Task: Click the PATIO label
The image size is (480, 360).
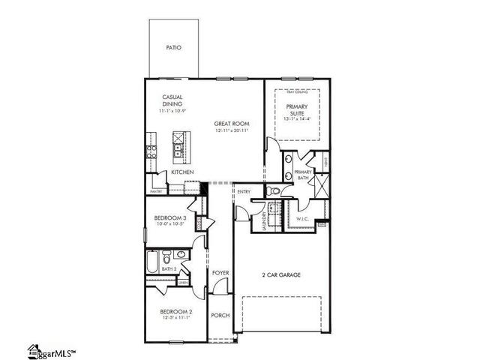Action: (172, 47)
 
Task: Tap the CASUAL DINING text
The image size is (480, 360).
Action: (172, 100)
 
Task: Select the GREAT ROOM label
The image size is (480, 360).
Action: (231, 124)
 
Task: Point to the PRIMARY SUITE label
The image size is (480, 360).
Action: (297, 111)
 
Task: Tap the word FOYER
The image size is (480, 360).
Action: (220, 272)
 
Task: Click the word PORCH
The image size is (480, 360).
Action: (220, 316)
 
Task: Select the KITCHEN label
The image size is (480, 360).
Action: (182, 172)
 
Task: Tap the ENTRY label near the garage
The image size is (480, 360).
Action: (244, 192)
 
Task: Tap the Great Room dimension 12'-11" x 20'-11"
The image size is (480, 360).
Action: (231, 130)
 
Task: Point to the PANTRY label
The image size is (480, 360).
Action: (156, 191)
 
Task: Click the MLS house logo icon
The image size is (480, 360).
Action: (34, 350)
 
